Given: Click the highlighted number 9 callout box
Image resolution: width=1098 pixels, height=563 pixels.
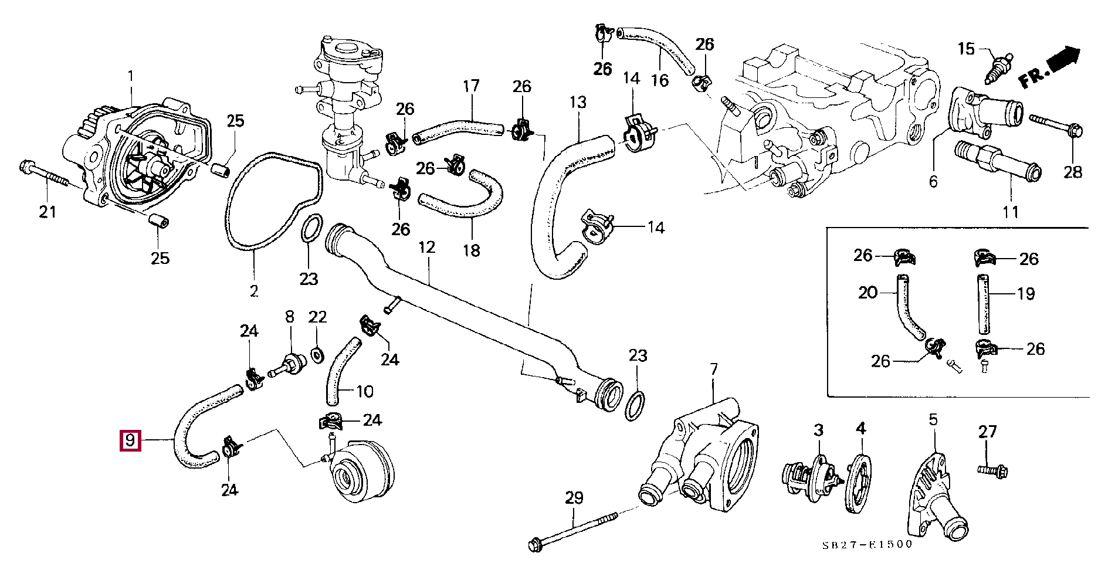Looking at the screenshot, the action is click(130, 440).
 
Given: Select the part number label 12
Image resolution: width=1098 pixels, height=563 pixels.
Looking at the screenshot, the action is click(427, 247).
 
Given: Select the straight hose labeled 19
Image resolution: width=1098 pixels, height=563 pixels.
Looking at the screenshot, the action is click(982, 304).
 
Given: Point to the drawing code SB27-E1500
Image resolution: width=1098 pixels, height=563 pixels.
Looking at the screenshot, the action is click(867, 544).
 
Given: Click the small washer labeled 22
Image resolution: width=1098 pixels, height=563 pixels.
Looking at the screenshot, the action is click(317, 355).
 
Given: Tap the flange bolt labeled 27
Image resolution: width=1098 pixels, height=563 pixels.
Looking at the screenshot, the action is click(992, 470).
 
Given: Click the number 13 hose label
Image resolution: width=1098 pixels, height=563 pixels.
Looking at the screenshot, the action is click(578, 102).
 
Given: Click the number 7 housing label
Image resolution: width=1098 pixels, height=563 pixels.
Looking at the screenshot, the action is click(713, 369).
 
